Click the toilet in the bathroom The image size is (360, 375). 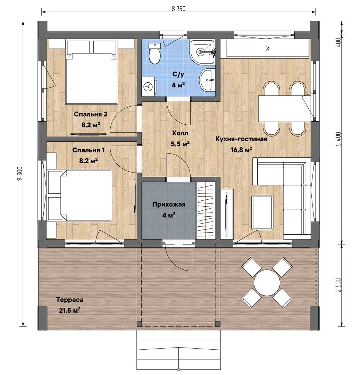[154, 53]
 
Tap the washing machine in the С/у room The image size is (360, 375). [149, 86]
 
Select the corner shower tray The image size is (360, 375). [202, 51]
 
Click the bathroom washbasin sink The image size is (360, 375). [207, 80]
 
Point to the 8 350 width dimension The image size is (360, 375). [178, 9]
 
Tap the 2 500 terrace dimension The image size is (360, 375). [338, 285]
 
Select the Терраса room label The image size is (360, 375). [70, 300]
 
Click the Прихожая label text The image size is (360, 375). [169, 205]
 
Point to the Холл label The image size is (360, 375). [180, 133]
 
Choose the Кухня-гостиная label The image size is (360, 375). [241, 139]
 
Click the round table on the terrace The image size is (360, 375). [267, 283]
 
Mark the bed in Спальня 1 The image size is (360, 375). [80, 195]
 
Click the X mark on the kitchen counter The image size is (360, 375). [268, 49]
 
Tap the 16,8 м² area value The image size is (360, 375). [241, 150]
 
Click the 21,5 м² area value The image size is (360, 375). [70, 310]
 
